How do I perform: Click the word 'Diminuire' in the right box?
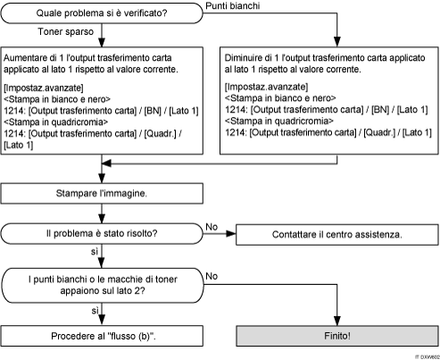coord(245,55)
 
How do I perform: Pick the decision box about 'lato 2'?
coord(105,283)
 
